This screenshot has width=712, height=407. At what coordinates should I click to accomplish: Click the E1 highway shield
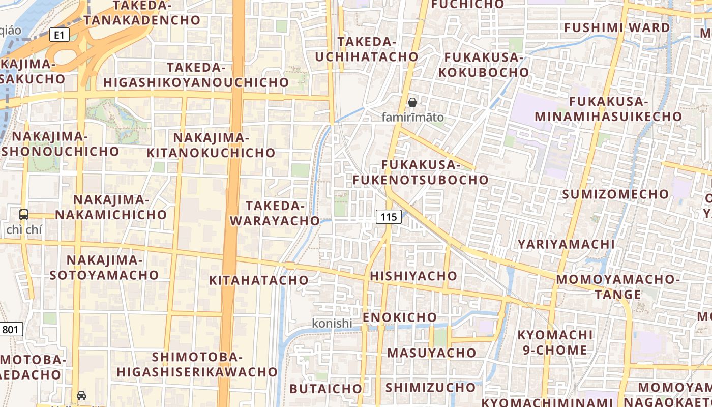[60, 35]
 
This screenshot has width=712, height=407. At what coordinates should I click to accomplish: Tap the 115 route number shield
[389, 217]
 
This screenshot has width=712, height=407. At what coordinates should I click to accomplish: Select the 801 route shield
[10, 329]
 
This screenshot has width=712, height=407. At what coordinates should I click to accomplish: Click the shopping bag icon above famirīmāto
[412, 102]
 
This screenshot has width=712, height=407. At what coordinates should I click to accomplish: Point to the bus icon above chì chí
[24, 214]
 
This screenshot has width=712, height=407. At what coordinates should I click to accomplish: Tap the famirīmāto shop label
[412, 117]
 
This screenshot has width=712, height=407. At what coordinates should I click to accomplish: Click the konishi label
[332, 323]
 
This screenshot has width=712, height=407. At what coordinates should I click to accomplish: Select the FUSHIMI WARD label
[617, 27]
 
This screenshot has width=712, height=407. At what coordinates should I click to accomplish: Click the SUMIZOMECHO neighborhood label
[615, 194]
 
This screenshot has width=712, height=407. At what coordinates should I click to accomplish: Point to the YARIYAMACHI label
[566, 244]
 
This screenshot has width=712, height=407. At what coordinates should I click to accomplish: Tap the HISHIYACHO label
[414, 276]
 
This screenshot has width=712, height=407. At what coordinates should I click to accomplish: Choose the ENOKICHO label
[400, 317]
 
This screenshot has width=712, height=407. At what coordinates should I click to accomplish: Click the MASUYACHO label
[432, 353]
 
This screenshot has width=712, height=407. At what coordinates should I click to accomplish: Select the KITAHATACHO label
[259, 280]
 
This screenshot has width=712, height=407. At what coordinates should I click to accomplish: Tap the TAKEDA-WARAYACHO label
[275, 213]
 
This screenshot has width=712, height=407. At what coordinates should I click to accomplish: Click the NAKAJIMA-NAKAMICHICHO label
[111, 207]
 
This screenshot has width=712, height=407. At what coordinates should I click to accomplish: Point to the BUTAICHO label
[326, 389]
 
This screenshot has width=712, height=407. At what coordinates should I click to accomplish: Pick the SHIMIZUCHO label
[430, 387]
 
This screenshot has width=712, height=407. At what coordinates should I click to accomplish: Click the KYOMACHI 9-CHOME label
[555, 342]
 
